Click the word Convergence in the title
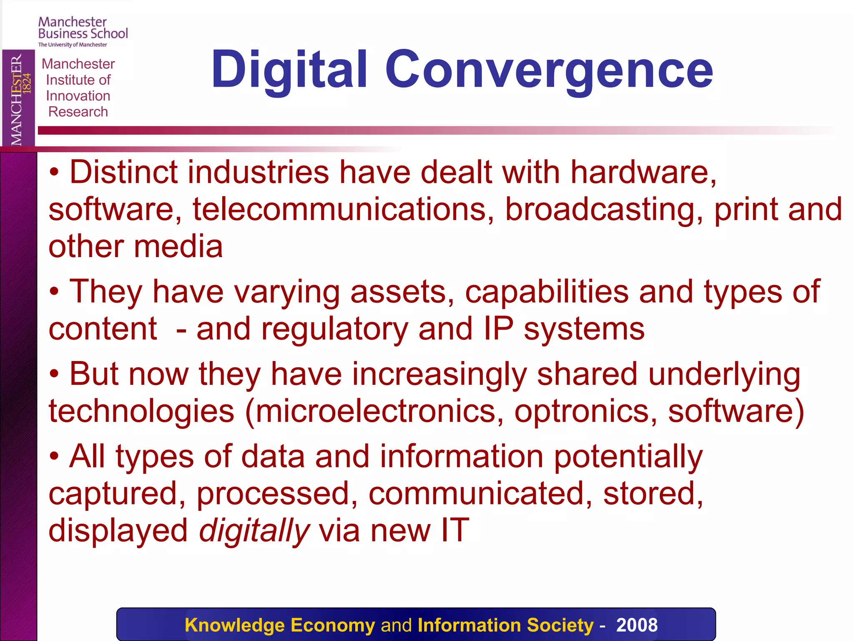click(x=549, y=70)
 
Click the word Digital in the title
click(x=289, y=70)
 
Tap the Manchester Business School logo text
click(x=83, y=28)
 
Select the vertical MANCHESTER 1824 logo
click(x=19, y=99)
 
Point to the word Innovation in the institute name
click(x=78, y=96)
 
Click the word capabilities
click(x=546, y=292)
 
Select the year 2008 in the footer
click(x=637, y=625)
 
